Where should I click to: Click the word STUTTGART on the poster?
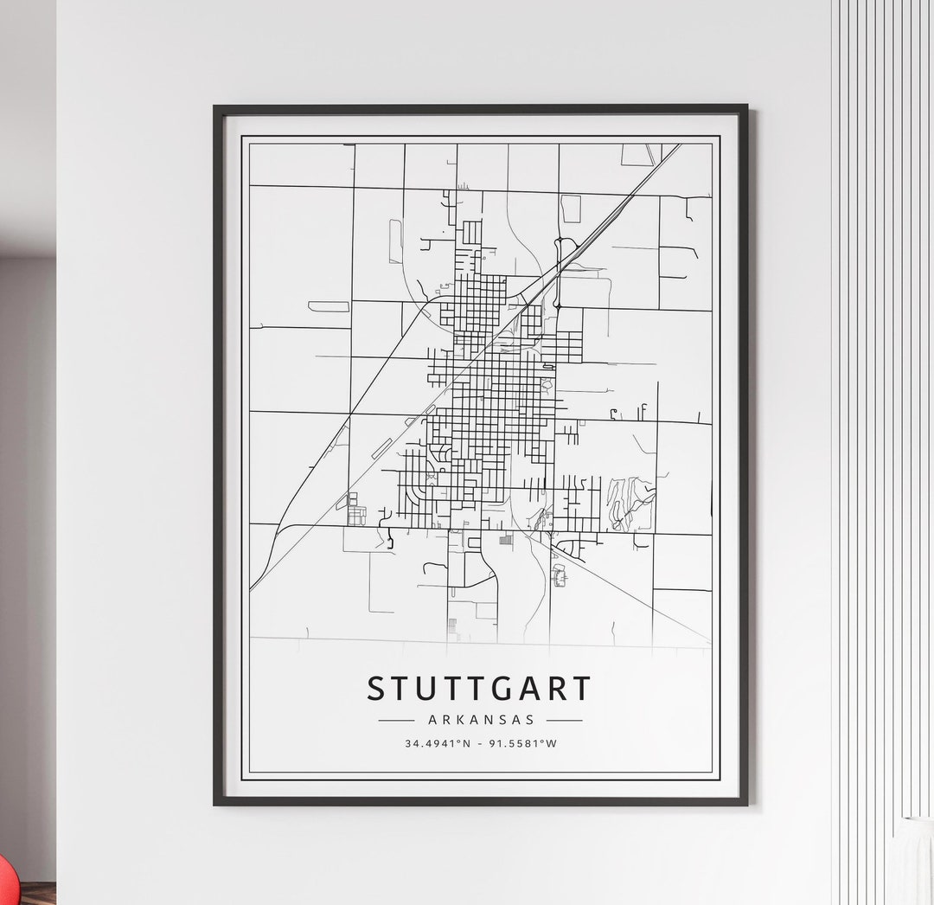click(479, 689)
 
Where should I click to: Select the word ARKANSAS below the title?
click(481, 719)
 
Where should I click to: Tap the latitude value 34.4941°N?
click(438, 743)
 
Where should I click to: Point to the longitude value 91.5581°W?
click(523, 743)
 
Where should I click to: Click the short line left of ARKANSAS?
click(397, 720)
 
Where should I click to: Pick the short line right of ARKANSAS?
click(564, 720)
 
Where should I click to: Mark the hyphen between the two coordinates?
click(480, 743)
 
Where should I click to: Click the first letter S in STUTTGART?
click(376, 690)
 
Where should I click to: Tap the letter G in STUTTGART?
click(506, 690)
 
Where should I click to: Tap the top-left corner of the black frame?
click(216, 108)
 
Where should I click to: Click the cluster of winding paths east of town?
click(630, 501)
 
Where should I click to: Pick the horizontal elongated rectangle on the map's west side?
click(329, 306)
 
